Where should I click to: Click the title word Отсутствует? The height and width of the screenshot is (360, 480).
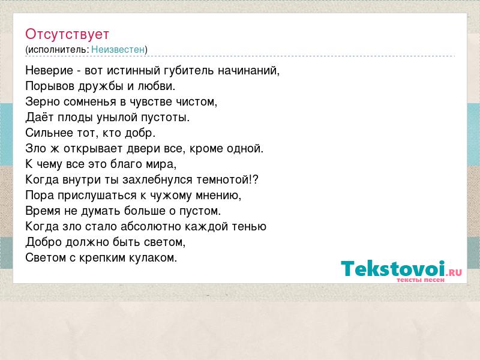click(67, 34)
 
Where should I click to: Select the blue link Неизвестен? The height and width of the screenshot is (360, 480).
click(118, 49)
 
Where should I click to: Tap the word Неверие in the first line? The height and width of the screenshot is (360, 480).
click(49, 71)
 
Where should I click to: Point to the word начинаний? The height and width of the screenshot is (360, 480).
click(248, 71)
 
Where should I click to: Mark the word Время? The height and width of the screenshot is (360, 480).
click(43, 211)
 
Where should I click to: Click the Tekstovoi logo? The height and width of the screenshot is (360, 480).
click(401, 270)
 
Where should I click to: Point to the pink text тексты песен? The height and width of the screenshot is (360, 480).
click(421, 280)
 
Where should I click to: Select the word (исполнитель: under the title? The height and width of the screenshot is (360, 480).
click(57, 50)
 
